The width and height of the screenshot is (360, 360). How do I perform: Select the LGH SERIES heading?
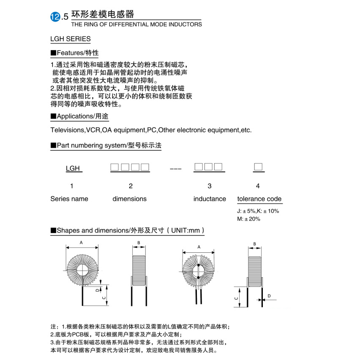pyautogui.click(x=71, y=39)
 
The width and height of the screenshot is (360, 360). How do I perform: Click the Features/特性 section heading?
pyautogui.click(x=75, y=53)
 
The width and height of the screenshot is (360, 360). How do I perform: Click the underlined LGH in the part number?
pyautogui.click(x=73, y=168)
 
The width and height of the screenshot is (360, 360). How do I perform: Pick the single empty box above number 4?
pyautogui.click(x=258, y=167)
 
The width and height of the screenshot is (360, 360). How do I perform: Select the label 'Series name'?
pyautogui.click(x=69, y=199)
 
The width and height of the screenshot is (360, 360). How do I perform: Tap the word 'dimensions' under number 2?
pyautogui.click(x=129, y=199)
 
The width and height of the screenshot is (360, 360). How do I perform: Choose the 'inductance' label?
pyautogui.click(x=210, y=199)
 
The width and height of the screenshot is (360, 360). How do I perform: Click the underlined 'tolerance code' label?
pyautogui.click(x=259, y=199)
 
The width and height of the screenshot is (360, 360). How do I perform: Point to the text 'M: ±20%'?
pyautogui.click(x=249, y=219)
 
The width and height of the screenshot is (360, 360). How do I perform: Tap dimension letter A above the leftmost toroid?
pyautogui.click(x=81, y=242)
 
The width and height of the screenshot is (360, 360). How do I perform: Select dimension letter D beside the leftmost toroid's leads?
pyautogui.click(x=97, y=290)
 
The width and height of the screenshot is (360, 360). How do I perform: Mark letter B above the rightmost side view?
pyautogui.click(x=254, y=244)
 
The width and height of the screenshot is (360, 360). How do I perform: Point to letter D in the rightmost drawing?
pyautogui.click(x=269, y=296)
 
